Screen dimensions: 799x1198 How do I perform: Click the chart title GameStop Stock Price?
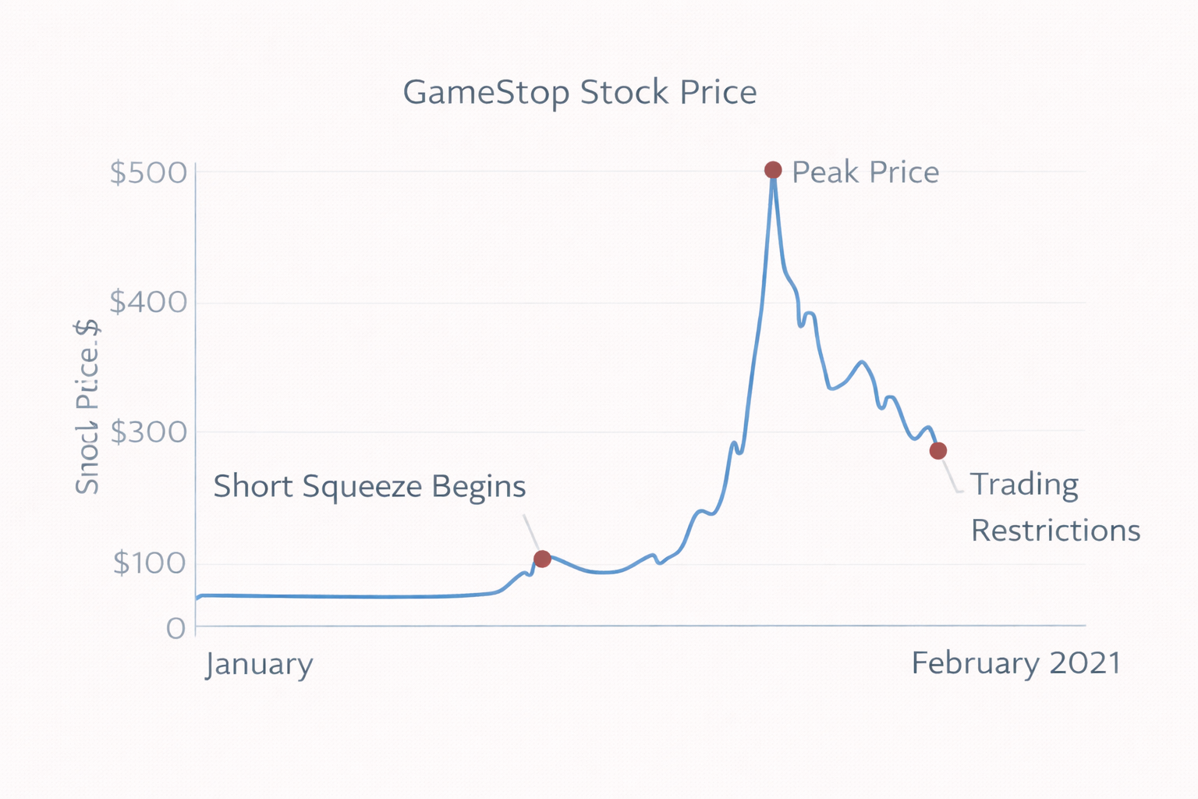pyautogui.click(x=580, y=93)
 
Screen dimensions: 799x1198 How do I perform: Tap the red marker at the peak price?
pyautogui.click(x=772, y=170)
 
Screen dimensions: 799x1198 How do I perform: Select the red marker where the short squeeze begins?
pyautogui.click(x=542, y=559)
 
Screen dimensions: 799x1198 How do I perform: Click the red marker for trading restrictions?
pyautogui.click(x=937, y=451)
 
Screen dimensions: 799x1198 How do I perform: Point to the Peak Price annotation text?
pyautogui.click(x=865, y=172)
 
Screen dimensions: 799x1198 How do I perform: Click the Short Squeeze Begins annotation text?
pyautogui.click(x=369, y=486)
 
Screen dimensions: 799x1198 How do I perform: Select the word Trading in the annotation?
pyautogui.click(x=1024, y=485)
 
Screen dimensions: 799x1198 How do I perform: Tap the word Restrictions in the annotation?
pyautogui.click(x=1055, y=531)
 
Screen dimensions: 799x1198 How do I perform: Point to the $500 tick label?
pyautogui.click(x=148, y=172)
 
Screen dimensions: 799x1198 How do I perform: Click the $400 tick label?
pyautogui.click(x=148, y=302)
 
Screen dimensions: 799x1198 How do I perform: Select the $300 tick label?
pyautogui.click(x=148, y=431)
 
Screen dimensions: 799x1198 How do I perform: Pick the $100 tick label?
pyautogui.click(x=148, y=563)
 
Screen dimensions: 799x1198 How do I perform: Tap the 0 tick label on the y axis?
pyautogui.click(x=175, y=628)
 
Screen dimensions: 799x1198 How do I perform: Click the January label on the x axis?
pyautogui.click(x=259, y=665)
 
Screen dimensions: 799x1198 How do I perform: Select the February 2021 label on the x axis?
pyautogui.click(x=1015, y=663)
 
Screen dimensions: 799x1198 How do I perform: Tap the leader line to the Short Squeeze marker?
pyautogui.click(x=530, y=531)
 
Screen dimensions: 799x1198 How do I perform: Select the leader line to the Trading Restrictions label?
pyautogui.click(x=951, y=477)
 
